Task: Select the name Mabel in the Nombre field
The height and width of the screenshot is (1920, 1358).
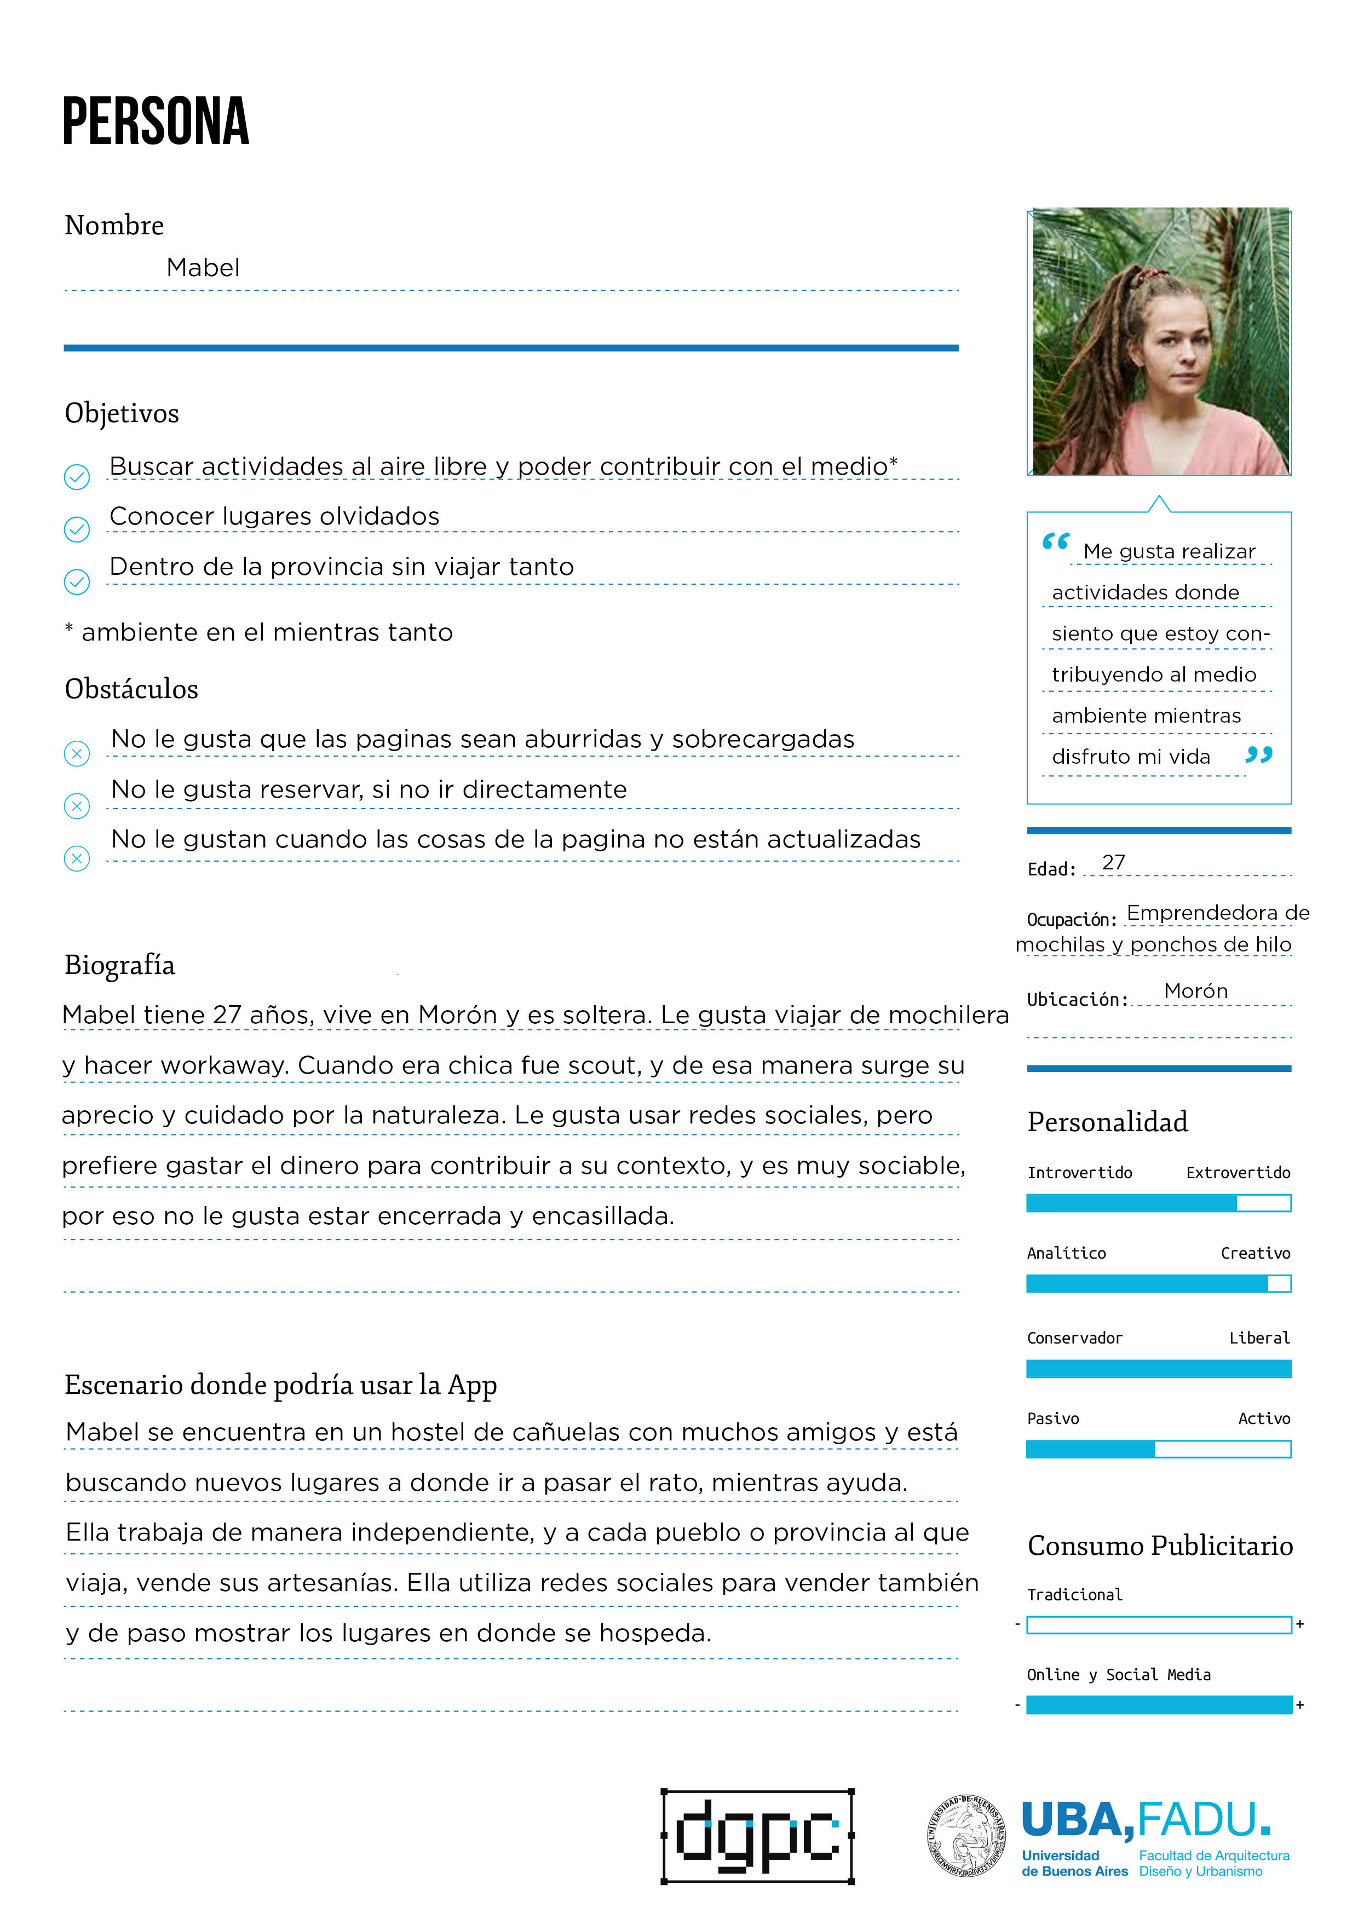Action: (x=203, y=268)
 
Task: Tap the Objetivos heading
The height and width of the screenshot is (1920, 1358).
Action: (x=122, y=413)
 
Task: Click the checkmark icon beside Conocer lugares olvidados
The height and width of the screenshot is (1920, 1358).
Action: (x=77, y=529)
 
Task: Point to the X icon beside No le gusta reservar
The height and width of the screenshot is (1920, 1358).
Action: (x=77, y=805)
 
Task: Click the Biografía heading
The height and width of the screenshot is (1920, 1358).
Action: (x=119, y=965)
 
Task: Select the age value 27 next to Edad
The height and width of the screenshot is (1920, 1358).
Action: (x=1113, y=862)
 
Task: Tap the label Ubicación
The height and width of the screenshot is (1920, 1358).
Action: (x=1077, y=999)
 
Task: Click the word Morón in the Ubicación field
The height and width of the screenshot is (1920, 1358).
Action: (x=1196, y=991)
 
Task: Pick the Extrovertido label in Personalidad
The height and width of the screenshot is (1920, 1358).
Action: (x=1238, y=1172)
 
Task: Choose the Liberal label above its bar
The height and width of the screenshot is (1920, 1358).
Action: (x=1259, y=1338)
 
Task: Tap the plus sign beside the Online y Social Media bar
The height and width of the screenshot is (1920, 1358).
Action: (x=1301, y=1704)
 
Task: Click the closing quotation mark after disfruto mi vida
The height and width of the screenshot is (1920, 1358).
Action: (x=1258, y=755)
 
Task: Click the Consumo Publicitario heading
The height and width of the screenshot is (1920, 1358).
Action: (x=1160, y=1546)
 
